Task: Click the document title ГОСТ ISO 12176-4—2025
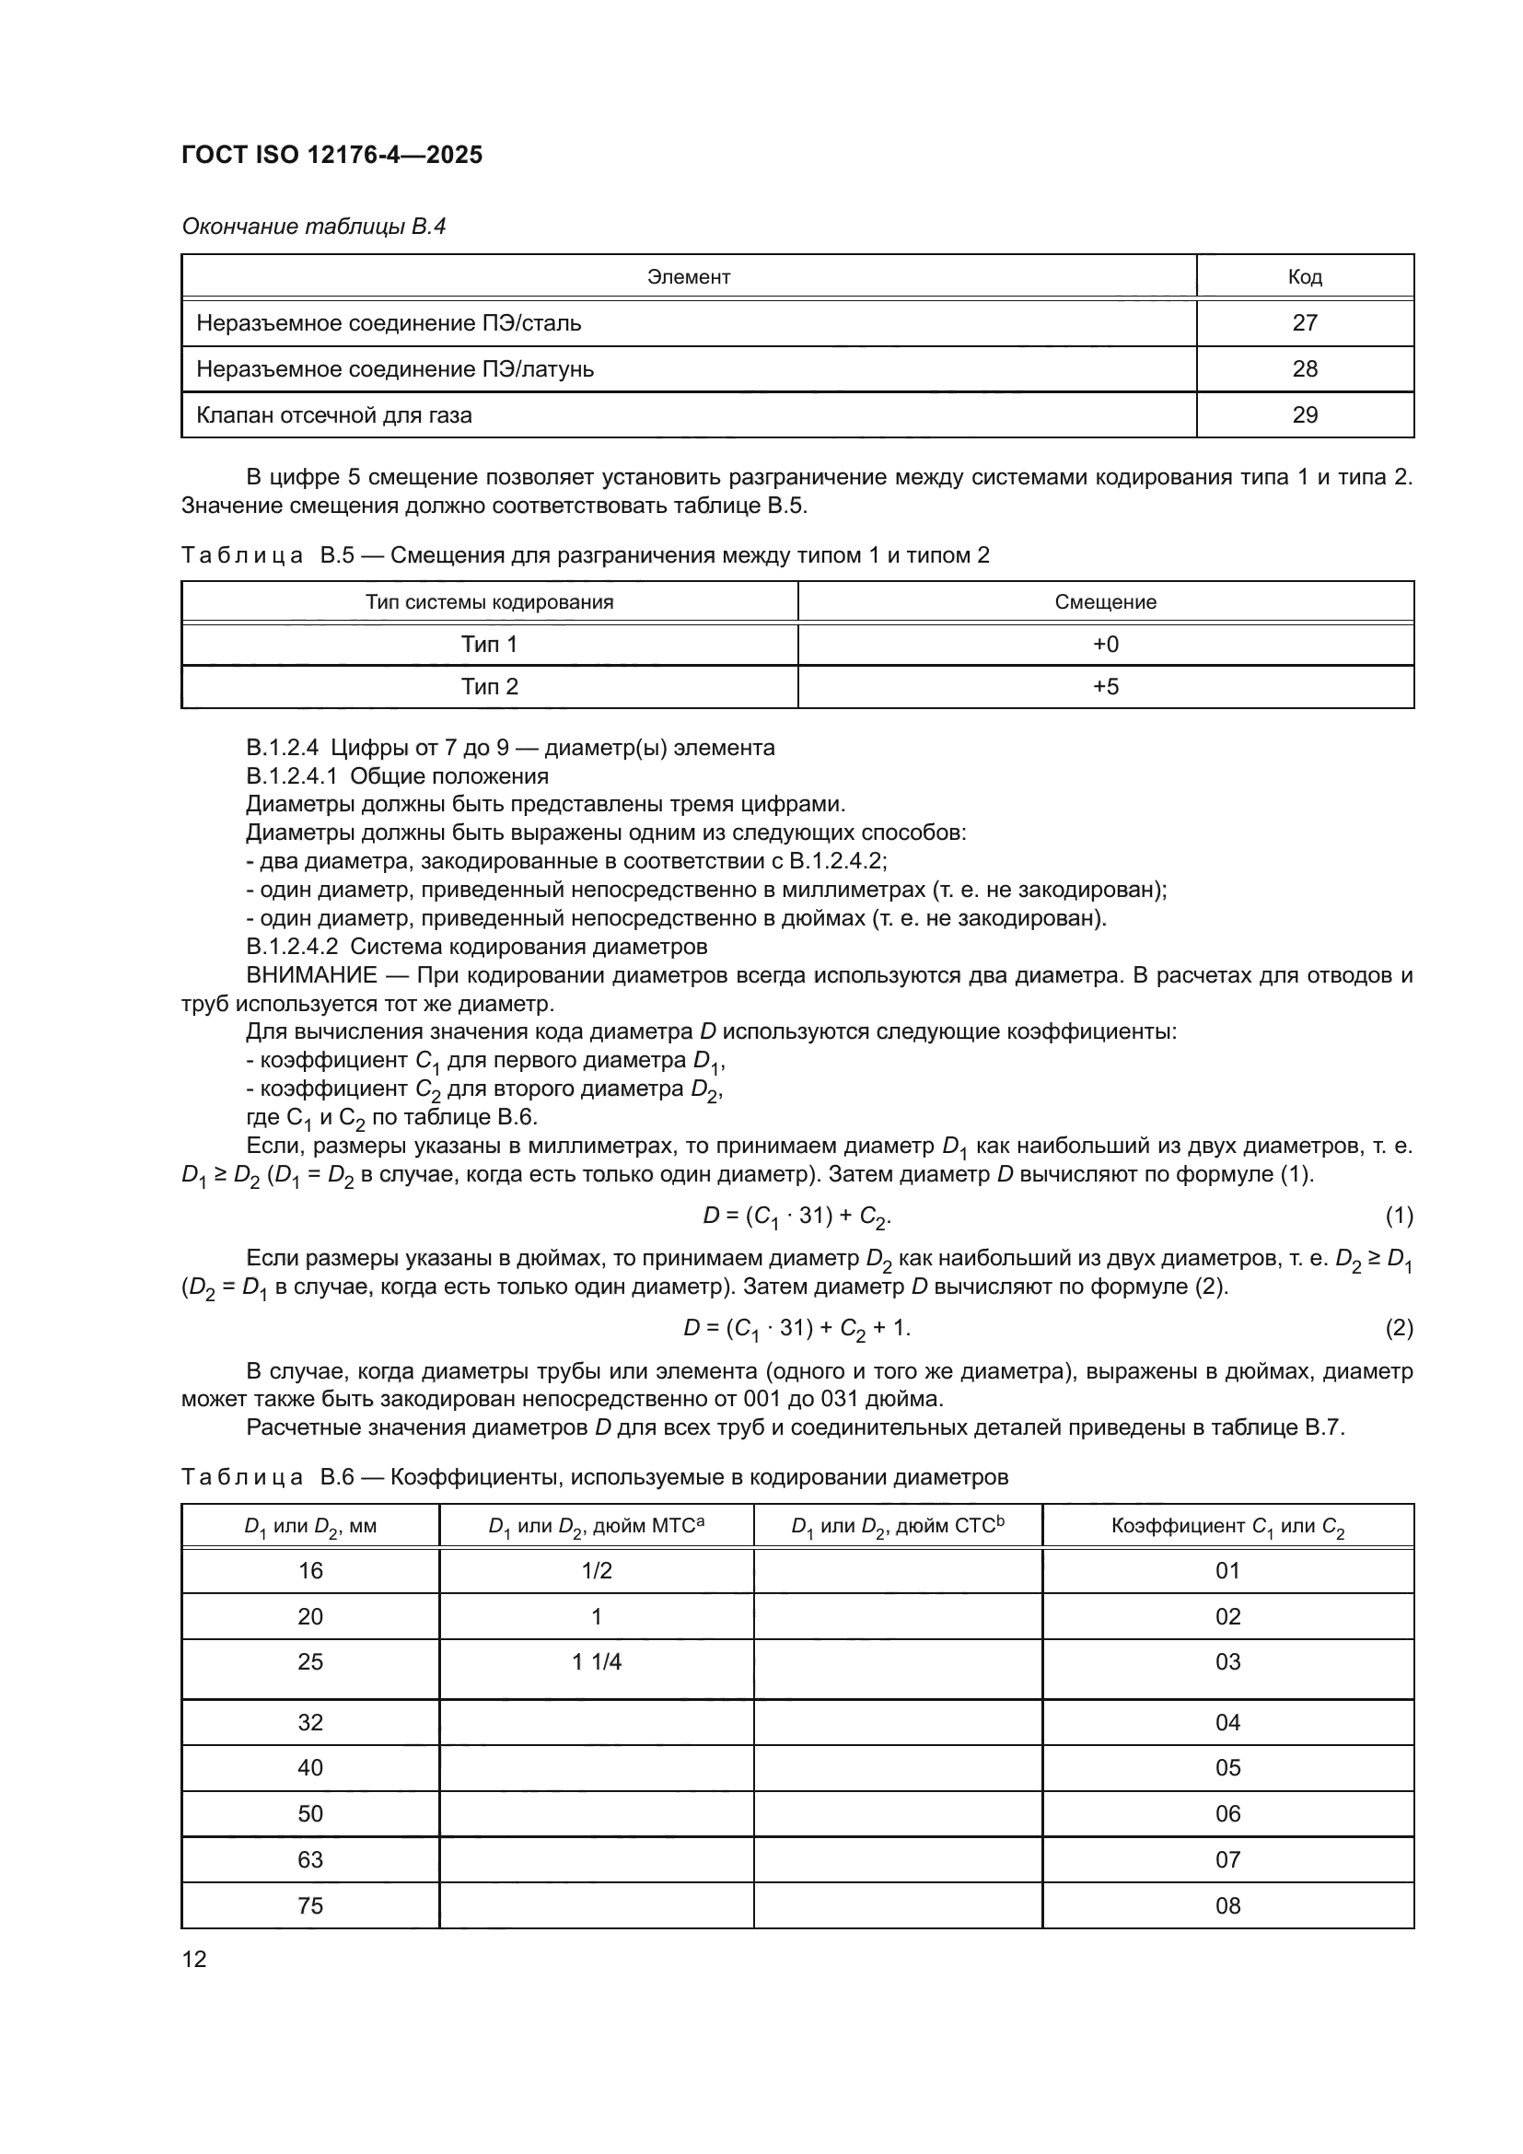332,155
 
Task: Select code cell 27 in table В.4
1305,322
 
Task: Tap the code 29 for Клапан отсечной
1305,414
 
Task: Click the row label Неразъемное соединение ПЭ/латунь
395,368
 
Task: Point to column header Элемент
689,277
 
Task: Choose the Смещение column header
1105,602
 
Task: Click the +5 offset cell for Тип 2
1106,687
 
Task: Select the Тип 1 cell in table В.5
489,645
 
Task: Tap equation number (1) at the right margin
1400,1216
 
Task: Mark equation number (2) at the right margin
1400,1328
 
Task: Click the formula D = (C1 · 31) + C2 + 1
796,1329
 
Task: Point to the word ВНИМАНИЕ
311,975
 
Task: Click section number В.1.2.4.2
292,947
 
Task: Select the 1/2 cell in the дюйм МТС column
597,1570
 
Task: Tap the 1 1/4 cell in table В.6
597,1661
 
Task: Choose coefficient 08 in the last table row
1227,1905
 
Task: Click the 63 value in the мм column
310,1859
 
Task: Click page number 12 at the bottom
194,1959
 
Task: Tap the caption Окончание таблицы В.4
313,227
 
